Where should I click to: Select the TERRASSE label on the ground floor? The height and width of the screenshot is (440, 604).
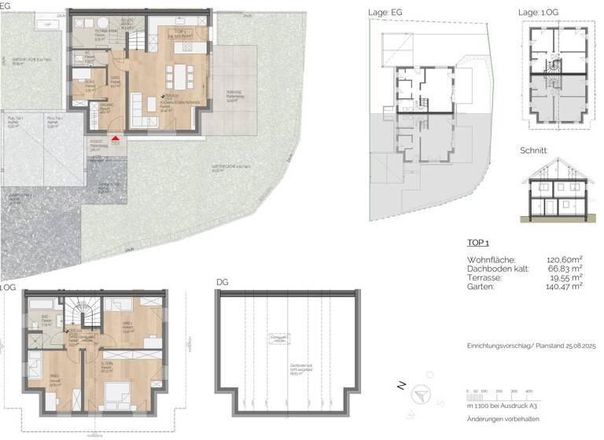pyautogui.click(x=233, y=92)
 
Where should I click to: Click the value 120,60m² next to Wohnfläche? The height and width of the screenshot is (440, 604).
pyautogui.click(x=565, y=259)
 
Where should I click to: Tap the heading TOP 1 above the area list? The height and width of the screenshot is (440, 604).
pyautogui.click(x=479, y=244)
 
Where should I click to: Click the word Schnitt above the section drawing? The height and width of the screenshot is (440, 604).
pyautogui.click(x=535, y=150)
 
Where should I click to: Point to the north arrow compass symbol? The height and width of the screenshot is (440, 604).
pyautogui.click(x=424, y=396)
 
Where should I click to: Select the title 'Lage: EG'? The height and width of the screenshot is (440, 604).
pyautogui.click(x=387, y=13)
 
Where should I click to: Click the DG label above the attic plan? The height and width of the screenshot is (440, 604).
pyautogui.click(x=222, y=282)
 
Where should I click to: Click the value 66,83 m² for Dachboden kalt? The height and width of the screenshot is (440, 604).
pyautogui.click(x=565, y=269)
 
